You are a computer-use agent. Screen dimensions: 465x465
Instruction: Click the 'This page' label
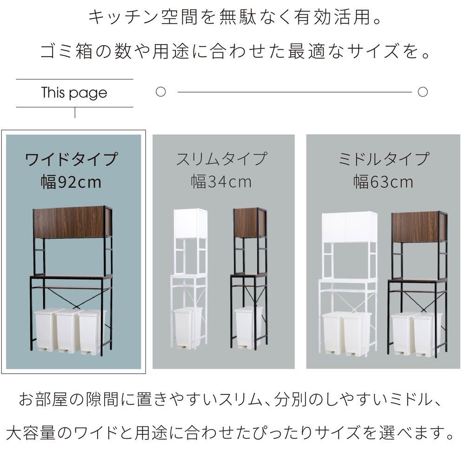[x=74, y=93]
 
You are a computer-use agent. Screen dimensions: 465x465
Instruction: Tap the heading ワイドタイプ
[x=72, y=159]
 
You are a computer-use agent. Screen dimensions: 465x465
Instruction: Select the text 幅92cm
[x=71, y=182]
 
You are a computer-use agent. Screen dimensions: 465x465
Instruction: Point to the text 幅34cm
[x=221, y=181]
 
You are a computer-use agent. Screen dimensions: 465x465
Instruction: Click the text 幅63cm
[x=384, y=181]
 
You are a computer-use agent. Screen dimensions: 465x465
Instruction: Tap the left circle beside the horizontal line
[x=161, y=92]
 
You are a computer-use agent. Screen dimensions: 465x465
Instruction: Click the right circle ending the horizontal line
[x=423, y=92]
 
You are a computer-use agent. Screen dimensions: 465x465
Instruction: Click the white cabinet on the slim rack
[x=191, y=223]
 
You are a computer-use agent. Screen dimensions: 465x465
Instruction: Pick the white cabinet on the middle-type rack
[x=349, y=227]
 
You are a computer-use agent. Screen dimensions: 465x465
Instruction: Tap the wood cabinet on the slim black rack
[x=250, y=223]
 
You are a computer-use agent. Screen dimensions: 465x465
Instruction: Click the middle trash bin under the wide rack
[x=67, y=331]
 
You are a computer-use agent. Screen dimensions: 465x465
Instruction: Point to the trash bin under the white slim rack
[x=188, y=327]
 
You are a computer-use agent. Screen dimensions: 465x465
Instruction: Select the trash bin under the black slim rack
[x=248, y=327]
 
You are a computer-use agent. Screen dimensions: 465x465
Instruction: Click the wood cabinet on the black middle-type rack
[x=419, y=227]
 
